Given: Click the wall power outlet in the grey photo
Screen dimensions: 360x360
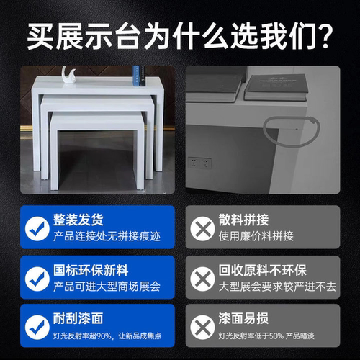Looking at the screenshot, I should point(199,163).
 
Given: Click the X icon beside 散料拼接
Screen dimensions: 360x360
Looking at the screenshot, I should point(202,228).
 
